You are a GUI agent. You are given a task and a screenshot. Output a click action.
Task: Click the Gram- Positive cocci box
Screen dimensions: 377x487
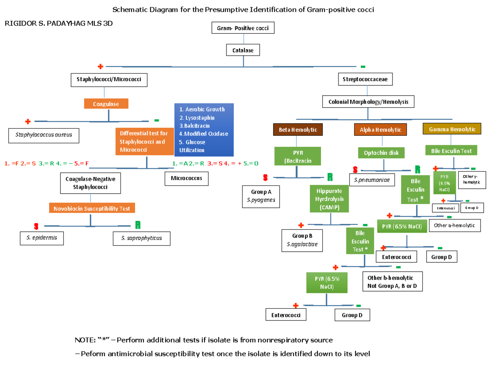click(x=243, y=28)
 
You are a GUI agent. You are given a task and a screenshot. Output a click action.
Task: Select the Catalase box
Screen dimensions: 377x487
click(x=243, y=50)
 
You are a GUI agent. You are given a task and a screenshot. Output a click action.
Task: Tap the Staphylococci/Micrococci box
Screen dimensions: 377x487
click(x=109, y=80)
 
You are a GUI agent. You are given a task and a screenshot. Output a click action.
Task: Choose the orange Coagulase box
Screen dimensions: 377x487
click(x=106, y=104)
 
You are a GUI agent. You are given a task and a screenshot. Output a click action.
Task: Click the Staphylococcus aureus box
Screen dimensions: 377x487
click(x=44, y=135)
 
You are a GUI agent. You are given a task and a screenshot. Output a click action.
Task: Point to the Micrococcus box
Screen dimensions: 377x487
click(x=187, y=178)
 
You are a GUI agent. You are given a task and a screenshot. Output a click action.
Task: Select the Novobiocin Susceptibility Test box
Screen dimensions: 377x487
click(x=92, y=208)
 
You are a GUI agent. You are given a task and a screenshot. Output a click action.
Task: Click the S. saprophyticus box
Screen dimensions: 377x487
click(x=141, y=238)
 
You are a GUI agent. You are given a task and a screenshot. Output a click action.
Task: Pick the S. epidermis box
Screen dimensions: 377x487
click(x=42, y=238)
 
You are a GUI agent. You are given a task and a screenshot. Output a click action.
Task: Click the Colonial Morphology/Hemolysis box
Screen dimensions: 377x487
click(x=368, y=101)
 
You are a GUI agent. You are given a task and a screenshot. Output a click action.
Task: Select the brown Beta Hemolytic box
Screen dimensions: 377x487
click(x=297, y=130)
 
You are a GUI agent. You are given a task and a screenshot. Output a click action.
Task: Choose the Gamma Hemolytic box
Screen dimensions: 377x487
click(x=452, y=129)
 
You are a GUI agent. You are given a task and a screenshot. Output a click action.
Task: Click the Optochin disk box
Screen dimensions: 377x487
click(x=381, y=153)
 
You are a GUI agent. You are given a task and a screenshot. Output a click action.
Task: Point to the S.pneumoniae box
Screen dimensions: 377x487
click(x=372, y=179)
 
